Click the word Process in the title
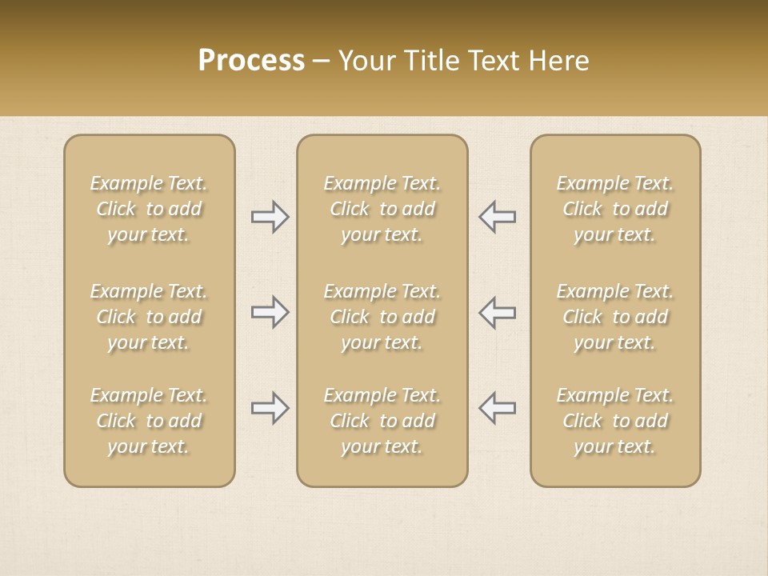click(251, 61)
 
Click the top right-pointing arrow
click(270, 217)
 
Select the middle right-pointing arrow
click(270, 312)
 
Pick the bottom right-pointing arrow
click(270, 408)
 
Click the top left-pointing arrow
click(497, 217)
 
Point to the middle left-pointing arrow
click(497, 312)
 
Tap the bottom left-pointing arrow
click(497, 408)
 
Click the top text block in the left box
click(149, 209)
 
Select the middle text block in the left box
click(149, 317)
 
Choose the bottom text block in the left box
click(149, 421)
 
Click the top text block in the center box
click(382, 209)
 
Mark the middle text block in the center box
click(382, 317)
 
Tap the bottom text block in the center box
click(382, 421)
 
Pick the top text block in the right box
click(614, 209)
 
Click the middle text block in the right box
click(614, 317)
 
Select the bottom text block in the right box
click(614, 421)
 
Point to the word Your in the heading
click(367, 61)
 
